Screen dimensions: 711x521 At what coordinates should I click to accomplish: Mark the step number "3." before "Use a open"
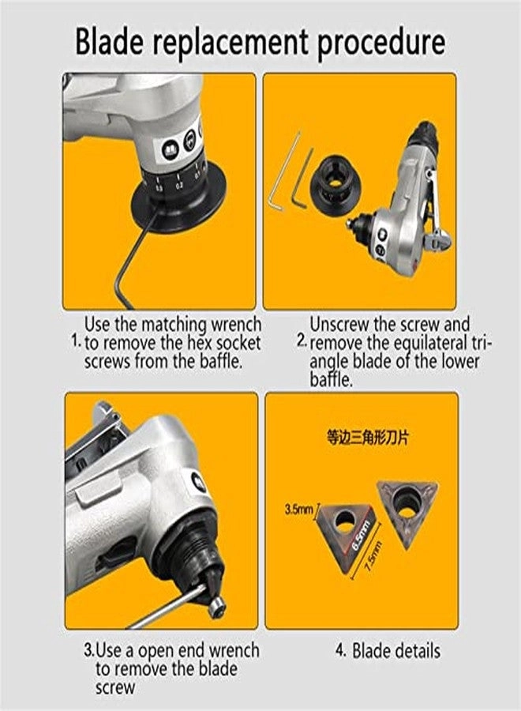click(x=89, y=652)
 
